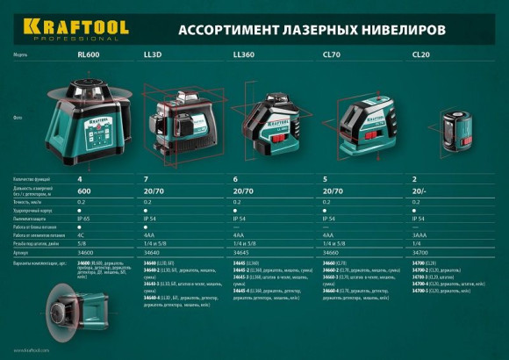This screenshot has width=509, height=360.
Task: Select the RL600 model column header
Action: click(88, 54)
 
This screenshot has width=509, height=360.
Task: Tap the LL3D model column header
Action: click(153, 54)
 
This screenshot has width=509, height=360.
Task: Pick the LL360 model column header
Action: click(245, 54)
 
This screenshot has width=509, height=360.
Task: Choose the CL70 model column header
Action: click(332, 54)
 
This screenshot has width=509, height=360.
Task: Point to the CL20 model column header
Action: click(420, 54)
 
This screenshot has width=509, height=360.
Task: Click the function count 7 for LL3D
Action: click(146, 179)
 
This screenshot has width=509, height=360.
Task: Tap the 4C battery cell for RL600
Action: click(81, 234)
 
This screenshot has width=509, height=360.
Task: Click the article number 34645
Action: click(242, 251)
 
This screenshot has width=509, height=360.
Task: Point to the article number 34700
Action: click(420, 251)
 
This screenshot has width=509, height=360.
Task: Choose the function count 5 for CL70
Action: click(326, 179)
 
